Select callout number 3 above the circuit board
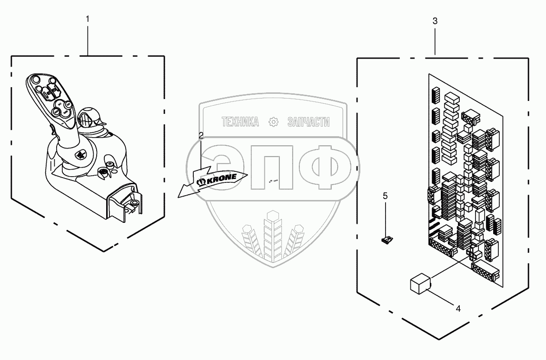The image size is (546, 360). point(435,21)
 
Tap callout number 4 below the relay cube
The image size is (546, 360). point(458,309)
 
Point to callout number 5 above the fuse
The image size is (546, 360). point(386,196)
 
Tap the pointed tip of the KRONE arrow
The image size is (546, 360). point(178,195)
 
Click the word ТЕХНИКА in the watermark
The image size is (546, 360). point(240,122)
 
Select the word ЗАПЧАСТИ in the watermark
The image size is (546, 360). point(308,122)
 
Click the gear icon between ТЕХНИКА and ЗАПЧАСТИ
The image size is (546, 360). point(274,122)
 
